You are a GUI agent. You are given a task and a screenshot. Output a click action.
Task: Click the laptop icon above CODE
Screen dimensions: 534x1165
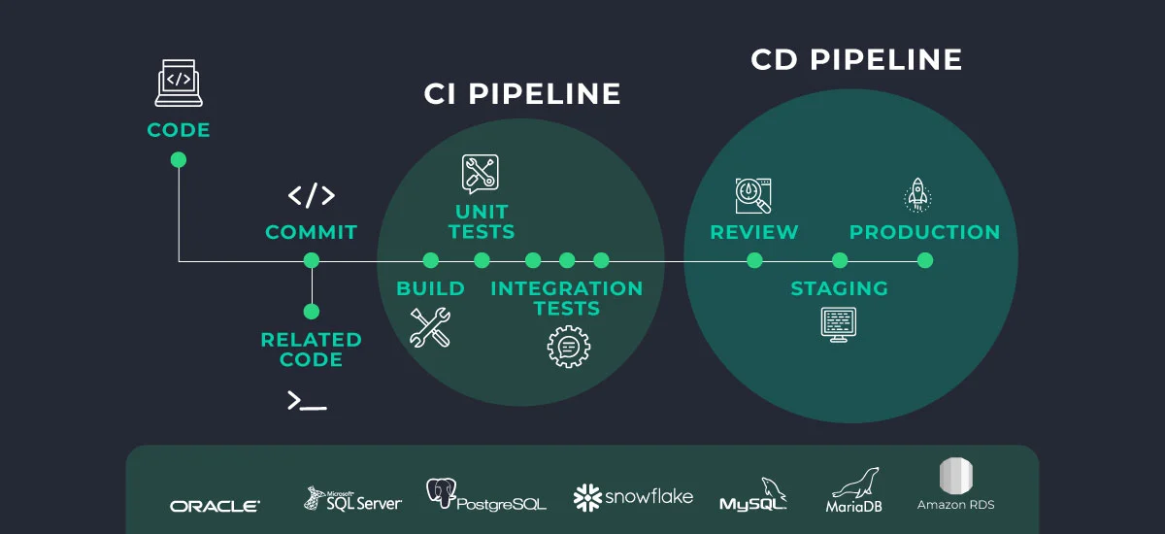click(179, 83)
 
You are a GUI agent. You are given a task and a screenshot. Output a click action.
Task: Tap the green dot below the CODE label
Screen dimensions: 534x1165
click(179, 160)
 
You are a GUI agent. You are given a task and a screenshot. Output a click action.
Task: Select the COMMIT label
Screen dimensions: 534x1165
click(312, 232)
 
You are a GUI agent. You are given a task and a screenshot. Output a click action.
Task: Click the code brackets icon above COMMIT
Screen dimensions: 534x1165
click(312, 195)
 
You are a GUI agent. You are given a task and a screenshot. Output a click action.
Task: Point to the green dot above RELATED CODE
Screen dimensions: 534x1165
click(312, 312)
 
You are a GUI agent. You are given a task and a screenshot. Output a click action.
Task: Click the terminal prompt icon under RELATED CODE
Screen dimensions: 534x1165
click(307, 400)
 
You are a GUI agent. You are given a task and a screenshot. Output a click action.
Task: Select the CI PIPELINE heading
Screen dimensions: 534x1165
click(522, 94)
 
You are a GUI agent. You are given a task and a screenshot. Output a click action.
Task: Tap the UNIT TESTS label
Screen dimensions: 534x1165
click(482, 221)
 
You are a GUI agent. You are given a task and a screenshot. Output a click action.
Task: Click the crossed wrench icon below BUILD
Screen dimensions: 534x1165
click(429, 327)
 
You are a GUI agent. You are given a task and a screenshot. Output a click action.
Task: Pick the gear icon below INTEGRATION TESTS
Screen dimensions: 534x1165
click(568, 346)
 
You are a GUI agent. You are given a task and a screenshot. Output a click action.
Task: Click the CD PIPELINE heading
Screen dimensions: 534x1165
click(856, 59)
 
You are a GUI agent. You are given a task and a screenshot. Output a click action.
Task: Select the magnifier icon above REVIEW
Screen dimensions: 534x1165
click(753, 195)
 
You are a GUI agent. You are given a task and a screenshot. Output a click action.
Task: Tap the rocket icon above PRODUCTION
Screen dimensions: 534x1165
click(917, 194)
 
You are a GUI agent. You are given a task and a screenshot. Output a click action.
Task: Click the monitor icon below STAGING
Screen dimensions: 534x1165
click(839, 322)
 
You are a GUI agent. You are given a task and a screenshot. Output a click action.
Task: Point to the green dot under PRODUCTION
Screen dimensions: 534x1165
click(925, 260)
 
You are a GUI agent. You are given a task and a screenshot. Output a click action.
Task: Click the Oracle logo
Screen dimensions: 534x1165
click(215, 506)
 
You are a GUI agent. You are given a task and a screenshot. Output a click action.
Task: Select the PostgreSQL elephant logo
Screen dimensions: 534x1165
click(442, 494)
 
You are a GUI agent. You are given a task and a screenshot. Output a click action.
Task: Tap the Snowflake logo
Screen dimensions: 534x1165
click(633, 497)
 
